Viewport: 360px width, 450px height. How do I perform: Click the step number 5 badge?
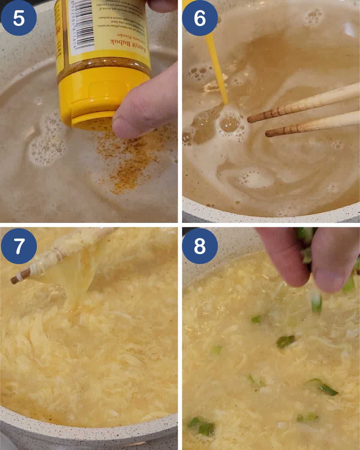click(x=19, y=18)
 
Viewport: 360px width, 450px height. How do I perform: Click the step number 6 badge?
click(x=199, y=18)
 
